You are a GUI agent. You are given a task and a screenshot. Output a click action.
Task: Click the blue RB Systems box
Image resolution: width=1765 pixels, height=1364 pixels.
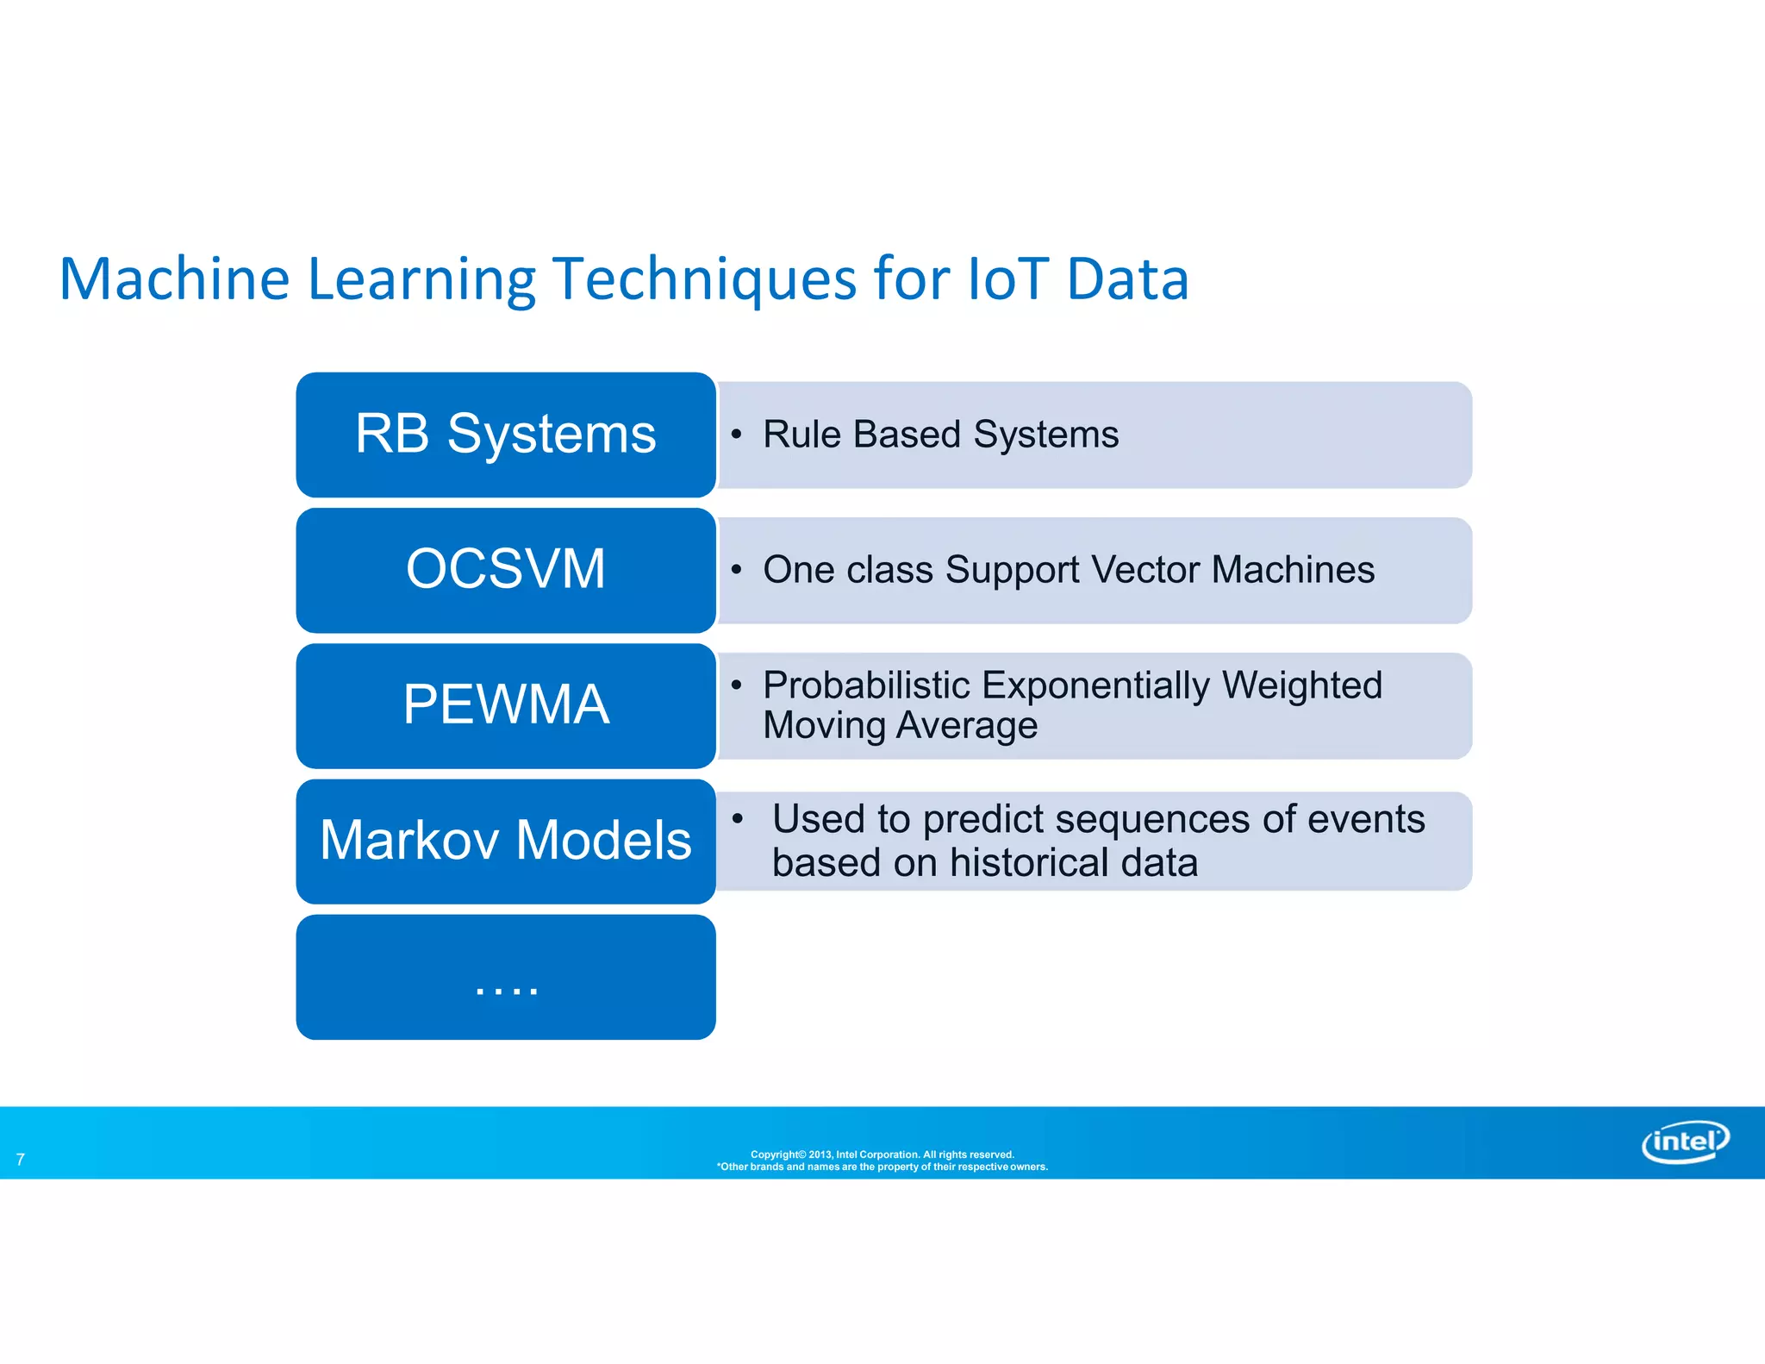click(505, 434)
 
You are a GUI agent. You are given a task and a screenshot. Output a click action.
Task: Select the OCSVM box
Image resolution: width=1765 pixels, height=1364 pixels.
click(505, 569)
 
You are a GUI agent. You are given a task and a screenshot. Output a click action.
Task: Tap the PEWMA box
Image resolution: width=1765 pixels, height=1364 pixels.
click(505, 704)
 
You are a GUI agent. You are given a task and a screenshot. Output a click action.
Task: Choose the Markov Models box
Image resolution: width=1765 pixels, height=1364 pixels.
click(505, 840)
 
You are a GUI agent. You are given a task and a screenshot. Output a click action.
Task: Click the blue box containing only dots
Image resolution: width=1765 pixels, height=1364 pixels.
click(505, 977)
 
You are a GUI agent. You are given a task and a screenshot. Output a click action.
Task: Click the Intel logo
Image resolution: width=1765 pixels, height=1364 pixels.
click(1685, 1142)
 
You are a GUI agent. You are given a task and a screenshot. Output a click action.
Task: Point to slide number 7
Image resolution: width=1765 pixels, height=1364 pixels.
click(21, 1160)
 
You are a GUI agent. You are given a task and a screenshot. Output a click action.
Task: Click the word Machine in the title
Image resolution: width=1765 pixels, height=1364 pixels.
click(174, 279)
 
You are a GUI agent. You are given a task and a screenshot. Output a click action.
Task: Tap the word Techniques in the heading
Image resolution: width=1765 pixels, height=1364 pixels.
click(704, 279)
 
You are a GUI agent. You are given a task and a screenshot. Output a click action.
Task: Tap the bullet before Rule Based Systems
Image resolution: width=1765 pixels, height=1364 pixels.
click(736, 434)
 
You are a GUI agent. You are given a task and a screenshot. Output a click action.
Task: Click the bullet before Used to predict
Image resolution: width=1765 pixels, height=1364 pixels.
click(738, 818)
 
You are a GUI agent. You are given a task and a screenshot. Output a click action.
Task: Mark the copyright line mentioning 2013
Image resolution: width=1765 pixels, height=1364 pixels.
click(882, 1154)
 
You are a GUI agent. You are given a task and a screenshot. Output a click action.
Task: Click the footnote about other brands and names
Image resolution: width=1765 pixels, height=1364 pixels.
click(882, 1167)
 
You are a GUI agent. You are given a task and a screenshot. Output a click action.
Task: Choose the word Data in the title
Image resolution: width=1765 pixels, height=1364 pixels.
click(1127, 279)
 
